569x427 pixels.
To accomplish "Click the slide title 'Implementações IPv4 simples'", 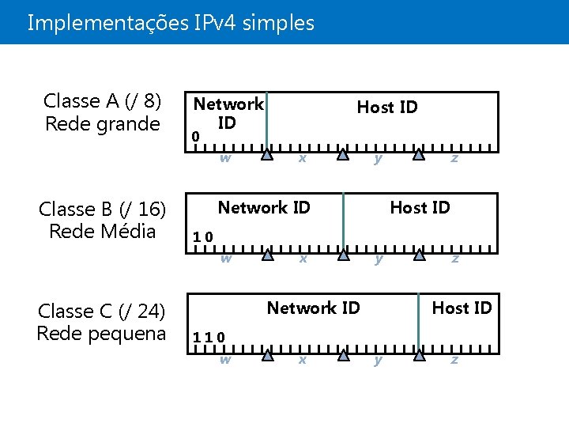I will coord(171,23).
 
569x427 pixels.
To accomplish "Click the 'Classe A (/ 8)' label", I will coord(103,101).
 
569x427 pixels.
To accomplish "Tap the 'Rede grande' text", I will coord(103,124).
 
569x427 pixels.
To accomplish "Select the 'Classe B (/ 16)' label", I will coord(103,209).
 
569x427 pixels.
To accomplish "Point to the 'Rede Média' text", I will coord(103,232).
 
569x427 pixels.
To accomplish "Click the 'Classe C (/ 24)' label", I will coord(103,310).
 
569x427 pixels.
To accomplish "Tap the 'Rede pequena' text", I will coord(102,333).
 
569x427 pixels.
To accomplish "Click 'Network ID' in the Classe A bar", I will coord(228,113).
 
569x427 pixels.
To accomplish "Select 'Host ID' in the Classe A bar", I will coord(387,107).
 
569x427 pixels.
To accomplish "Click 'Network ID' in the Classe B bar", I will coord(264,208).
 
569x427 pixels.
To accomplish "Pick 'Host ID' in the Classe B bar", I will coord(420,208).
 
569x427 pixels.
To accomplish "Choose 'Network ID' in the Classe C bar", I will coord(313,308).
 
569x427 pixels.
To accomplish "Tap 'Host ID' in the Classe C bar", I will coord(462,308).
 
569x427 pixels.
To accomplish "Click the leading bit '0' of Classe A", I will coord(196,138).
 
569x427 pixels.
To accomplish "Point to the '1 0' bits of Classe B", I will coord(204,236).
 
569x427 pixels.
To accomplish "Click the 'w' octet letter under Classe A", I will coord(225,157).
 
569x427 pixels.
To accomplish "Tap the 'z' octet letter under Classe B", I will coord(454,259).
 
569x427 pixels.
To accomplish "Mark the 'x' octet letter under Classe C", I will coord(301,359).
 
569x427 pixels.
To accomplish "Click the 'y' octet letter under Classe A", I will coord(379,157).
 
